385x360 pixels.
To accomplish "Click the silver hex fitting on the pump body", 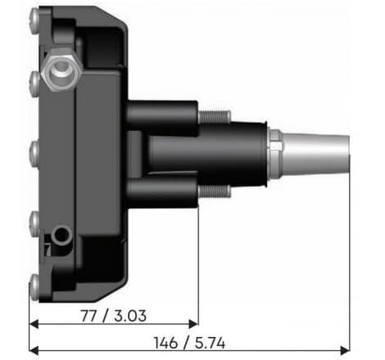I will pyautogui.click(x=61, y=73).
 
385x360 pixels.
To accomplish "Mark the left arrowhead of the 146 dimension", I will pyautogui.click(x=34, y=350).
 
